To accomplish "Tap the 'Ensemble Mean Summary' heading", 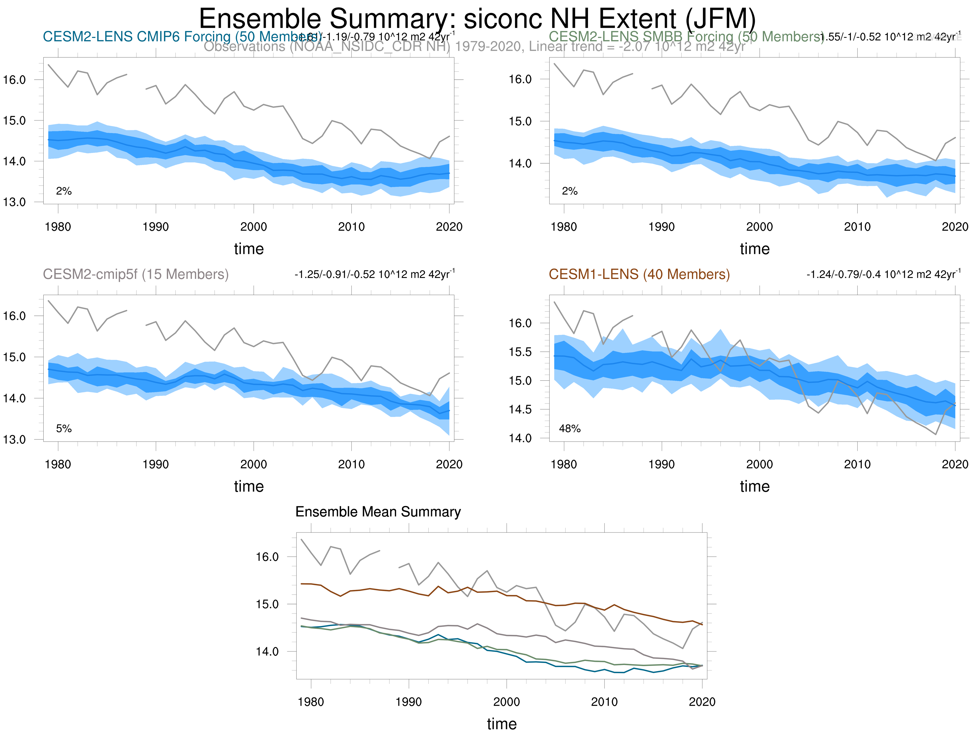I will [378, 512].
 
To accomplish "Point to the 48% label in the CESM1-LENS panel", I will [570, 429].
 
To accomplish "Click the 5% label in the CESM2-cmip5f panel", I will [64, 429].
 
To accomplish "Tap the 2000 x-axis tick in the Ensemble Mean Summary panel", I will [507, 702].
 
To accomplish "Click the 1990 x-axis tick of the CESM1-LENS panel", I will [662, 464].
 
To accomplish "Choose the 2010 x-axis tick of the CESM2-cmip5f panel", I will [351, 464].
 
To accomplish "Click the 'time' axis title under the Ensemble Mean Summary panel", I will [501, 724].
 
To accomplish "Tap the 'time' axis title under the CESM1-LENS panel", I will [754, 486].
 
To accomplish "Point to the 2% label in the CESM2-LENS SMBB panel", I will [570, 191].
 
